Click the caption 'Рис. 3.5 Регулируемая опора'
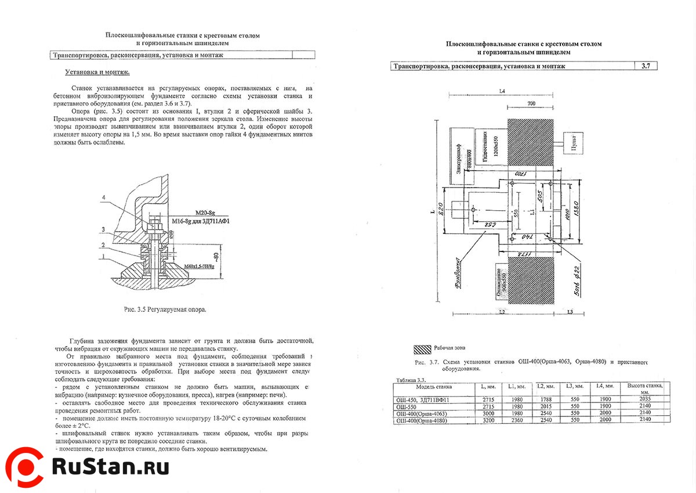point(165,310)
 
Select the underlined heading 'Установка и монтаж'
point(97,73)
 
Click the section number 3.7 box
point(646,66)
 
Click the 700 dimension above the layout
point(530,103)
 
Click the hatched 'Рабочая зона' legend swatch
point(422,348)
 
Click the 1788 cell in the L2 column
point(543,400)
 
